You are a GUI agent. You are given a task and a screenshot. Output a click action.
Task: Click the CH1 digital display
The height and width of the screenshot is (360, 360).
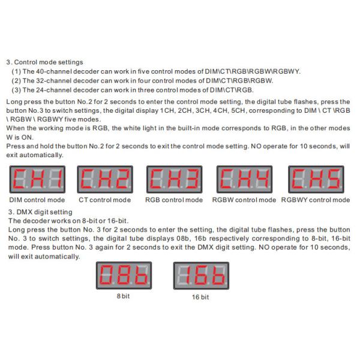37,179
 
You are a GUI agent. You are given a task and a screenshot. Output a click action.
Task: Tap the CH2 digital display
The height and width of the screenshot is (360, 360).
105,179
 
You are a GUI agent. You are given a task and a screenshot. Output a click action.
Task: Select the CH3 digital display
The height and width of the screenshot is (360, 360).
174,179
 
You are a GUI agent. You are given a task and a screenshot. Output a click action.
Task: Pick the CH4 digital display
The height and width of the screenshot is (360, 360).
245,179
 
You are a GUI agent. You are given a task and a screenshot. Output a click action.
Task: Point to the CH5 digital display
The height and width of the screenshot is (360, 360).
316,179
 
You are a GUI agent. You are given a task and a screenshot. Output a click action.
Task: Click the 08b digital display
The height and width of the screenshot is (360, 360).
124,275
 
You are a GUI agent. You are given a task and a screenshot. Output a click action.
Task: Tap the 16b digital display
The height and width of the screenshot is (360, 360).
201,275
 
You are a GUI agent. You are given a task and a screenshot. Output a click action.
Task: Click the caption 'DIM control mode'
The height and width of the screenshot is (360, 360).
37,200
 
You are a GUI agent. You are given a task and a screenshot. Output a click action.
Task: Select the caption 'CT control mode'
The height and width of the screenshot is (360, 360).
104,200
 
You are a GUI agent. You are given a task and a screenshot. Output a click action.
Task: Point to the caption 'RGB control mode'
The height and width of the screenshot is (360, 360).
174,200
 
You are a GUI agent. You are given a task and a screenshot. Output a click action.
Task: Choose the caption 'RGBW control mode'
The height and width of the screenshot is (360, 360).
244,200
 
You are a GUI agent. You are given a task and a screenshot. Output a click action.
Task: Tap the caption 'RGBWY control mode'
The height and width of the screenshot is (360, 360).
316,200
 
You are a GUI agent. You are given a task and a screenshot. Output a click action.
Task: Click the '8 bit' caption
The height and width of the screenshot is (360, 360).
123,296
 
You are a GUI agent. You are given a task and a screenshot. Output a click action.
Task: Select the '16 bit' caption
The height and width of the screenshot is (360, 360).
200,297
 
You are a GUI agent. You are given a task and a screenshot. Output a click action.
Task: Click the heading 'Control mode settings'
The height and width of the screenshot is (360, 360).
49,62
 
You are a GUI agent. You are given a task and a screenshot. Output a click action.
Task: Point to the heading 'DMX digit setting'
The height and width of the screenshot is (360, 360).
44,212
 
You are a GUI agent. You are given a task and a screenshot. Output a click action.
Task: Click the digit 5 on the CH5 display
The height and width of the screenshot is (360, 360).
334,179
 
